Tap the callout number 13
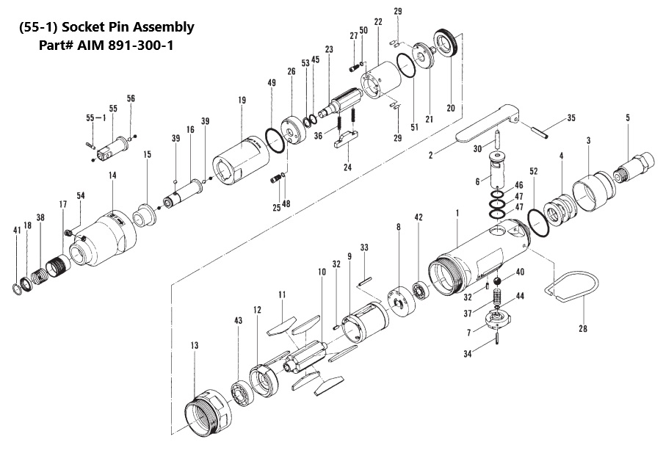[194, 344]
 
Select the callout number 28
[583, 328]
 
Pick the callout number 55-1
[95, 117]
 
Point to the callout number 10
[321, 272]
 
